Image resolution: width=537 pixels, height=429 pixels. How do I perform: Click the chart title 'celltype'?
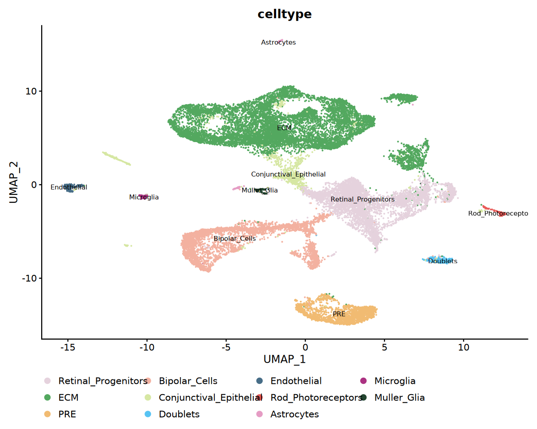click(284, 14)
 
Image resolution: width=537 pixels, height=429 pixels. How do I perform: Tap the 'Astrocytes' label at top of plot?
click(278, 42)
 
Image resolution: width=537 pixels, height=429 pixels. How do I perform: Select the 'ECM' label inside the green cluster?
click(284, 128)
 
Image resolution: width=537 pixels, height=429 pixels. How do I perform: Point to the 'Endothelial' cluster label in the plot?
click(69, 187)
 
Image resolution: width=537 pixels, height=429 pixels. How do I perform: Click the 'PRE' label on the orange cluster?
click(339, 314)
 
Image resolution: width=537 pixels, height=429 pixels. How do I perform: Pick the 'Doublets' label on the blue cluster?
click(443, 261)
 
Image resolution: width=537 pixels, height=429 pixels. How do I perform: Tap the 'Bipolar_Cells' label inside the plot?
click(234, 239)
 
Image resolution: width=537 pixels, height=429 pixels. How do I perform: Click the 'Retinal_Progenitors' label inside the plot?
click(362, 199)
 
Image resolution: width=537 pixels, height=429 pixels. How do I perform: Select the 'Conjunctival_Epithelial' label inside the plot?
click(288, 174)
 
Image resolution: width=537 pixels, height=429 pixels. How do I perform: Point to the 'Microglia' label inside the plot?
click(144, 197)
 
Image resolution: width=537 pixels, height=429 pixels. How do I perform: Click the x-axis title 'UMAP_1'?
click(284, 359)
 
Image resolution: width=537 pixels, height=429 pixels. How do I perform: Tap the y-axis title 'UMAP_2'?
click(14, 185)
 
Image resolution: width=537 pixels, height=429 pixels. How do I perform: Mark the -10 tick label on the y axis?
click(30, 278)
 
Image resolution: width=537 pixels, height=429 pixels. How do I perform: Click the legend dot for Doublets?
click(150, 414)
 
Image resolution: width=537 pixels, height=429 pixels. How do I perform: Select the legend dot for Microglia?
click(363, 381)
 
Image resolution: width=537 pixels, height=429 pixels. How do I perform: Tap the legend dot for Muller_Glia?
click(363, 398)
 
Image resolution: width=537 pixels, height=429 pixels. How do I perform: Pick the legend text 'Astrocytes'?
click(294, 414)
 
